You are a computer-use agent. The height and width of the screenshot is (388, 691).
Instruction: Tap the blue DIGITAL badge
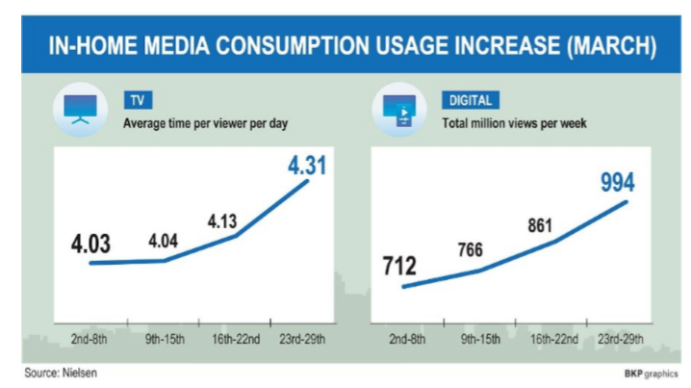[x=469, y=99]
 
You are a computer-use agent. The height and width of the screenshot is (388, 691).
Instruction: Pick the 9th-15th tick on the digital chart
[x=478, y=340]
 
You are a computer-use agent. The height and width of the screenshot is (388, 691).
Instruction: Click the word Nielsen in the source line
[x=77, y=372]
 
